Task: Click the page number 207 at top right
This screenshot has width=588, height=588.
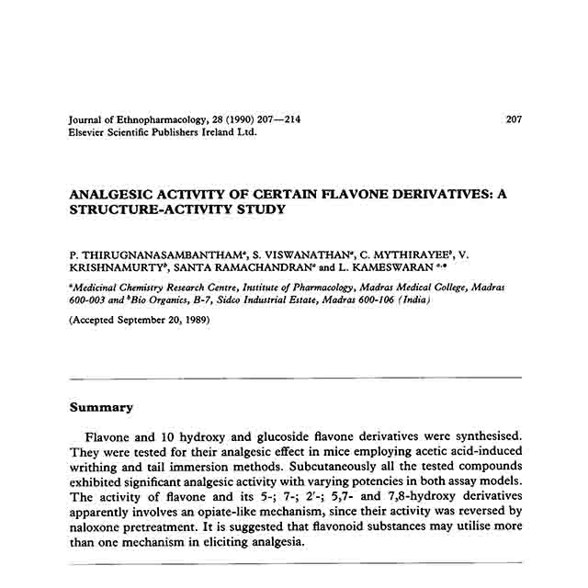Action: [514, 119]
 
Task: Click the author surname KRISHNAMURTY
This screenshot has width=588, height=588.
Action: [117, 266]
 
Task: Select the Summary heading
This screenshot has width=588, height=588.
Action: [102, 407]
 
